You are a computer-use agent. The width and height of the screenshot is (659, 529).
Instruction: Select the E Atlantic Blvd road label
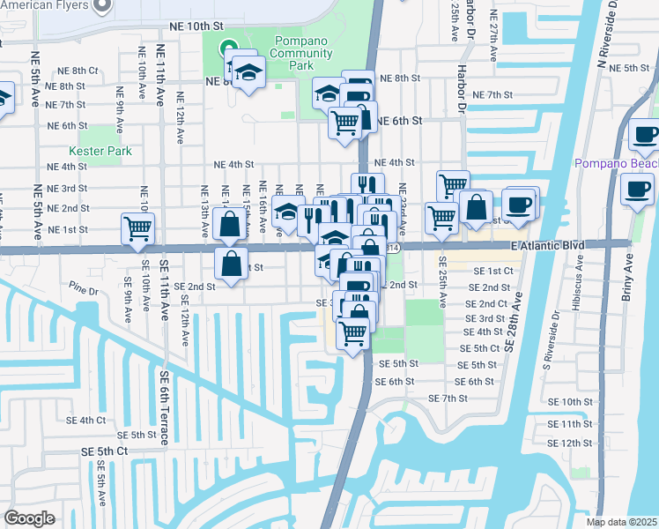tap(552, 246)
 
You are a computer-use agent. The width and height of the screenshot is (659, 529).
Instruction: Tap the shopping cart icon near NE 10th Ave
tap(137, 229)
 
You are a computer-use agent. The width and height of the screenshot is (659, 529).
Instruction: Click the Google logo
tap(29, 518)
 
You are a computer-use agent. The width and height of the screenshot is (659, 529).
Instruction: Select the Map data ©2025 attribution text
tap(621, 522)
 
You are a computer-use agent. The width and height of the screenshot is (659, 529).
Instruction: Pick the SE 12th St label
tap(575, 443)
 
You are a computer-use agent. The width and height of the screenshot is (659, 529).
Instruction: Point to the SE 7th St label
tap(448, 399)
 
